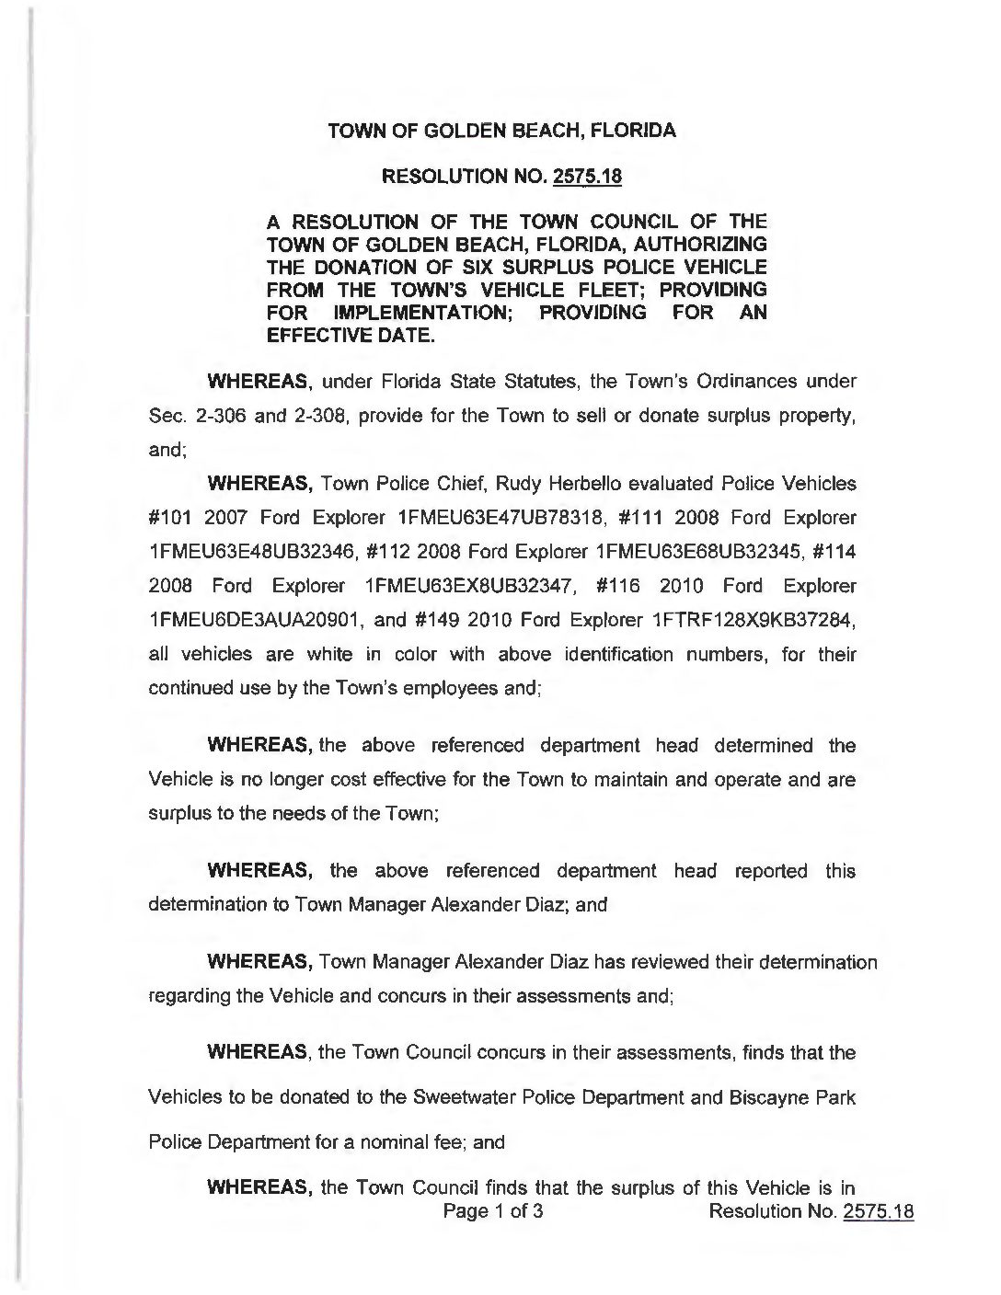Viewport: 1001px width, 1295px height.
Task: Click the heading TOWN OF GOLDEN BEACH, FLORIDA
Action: pyautogui.click(x=502, y=131)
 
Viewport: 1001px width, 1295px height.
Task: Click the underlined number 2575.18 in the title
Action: pyautogui.click(x=586, y=176)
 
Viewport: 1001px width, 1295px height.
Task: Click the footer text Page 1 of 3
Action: pyautogui.click(x=493, y=1210)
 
